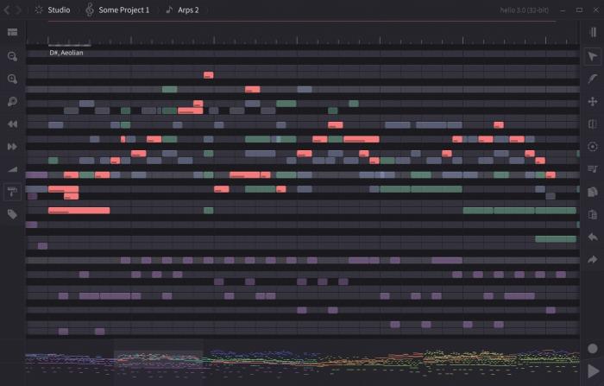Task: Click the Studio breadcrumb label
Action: [59, 9]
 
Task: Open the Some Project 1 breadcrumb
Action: [123, 9]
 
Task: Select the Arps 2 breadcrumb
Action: [182, 9]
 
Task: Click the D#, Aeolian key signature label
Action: [66, 53]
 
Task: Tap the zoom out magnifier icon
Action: [13, 56]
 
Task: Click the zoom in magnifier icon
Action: [13, 79]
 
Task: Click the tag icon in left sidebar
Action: [13, 214]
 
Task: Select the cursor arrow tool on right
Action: [592, 56]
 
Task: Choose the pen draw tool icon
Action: [592, 79]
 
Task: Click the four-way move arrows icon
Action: [592, 101]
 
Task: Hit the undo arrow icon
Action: [592, 237]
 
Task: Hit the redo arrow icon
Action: [592, 259]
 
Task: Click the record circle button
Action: [592, 349]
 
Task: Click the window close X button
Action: [593, 9]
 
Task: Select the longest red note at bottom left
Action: [79, 210]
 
